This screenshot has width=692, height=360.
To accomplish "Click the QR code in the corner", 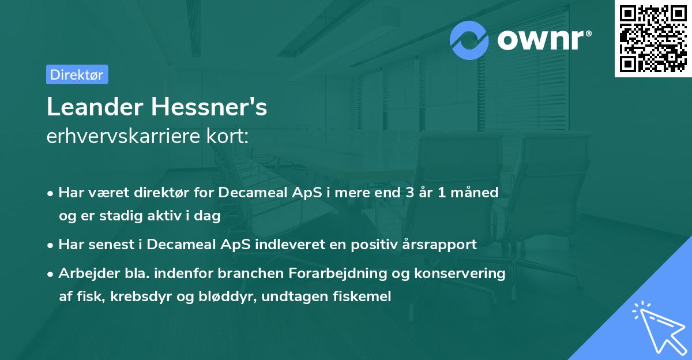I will point(653,38).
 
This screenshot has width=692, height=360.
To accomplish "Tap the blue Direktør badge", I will point(77,75).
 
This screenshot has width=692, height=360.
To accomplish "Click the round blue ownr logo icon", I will point(469,40).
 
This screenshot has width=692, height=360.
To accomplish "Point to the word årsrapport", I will point(440,245).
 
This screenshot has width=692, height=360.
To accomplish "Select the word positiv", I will point(376,245).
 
